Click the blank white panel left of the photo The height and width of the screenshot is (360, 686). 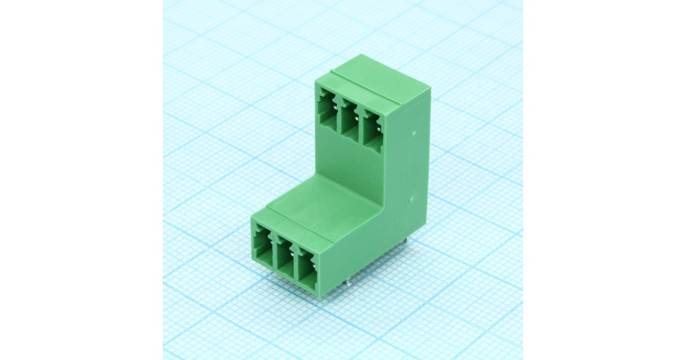[x=80, y=180]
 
